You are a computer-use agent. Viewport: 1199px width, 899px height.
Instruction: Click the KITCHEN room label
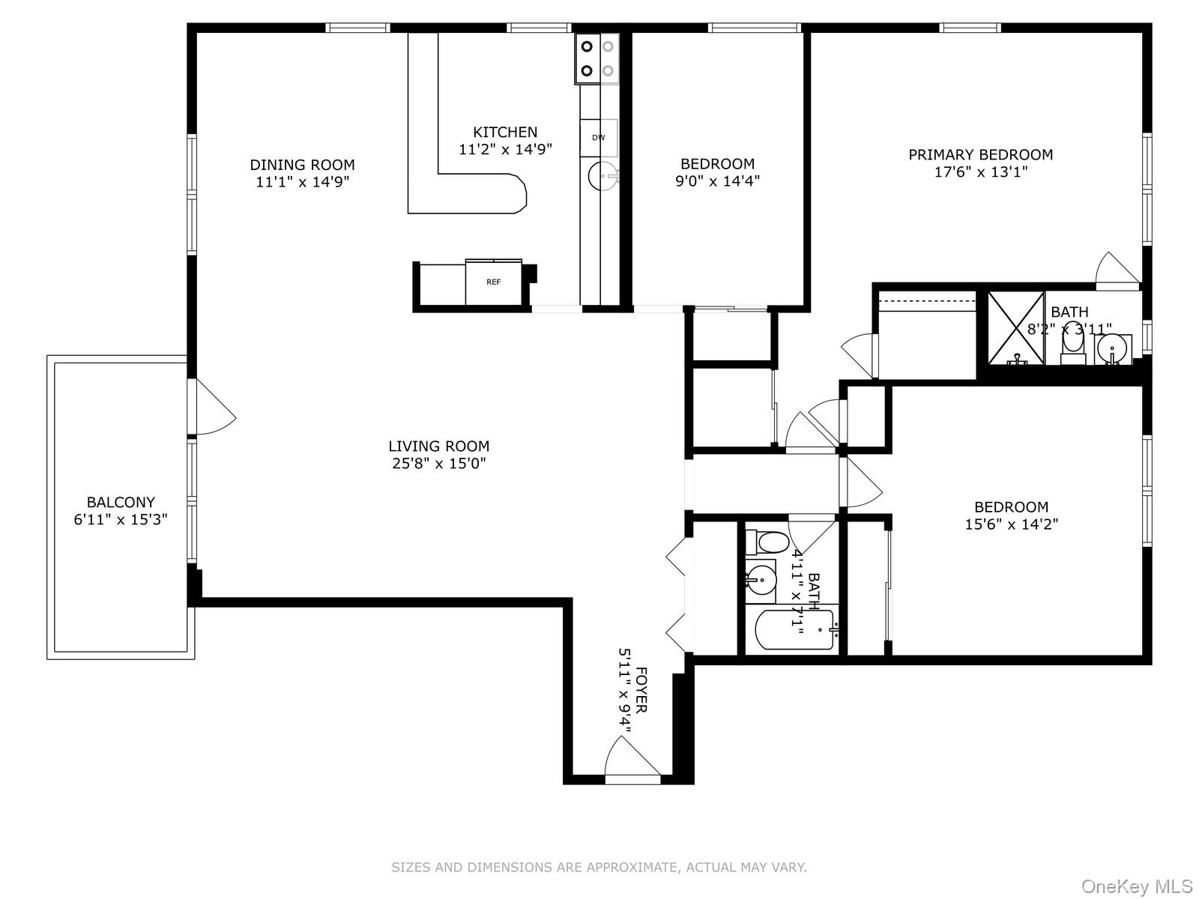(x=505, y=133)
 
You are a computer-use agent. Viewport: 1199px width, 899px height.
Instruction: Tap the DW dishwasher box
(x=598, y=138)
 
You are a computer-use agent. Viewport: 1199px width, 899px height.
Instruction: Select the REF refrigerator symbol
(x=493, y=282)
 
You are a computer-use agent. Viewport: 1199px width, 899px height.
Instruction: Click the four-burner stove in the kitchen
(x=597, y=58)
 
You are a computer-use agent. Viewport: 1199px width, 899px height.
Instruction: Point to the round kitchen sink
(x=603, y=178)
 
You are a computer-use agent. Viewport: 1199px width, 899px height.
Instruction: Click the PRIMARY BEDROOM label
(x=980, y=155)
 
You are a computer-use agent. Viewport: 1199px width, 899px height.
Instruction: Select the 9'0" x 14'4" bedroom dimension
(x=717, y=181)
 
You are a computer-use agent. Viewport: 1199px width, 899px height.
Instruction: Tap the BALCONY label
(x=121, y=503)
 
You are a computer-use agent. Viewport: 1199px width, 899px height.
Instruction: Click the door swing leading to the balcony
(x=215, y=408)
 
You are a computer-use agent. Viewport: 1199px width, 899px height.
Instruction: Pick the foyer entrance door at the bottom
(x=632, y=760)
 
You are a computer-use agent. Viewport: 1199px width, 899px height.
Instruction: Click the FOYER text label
(x=641, y=689)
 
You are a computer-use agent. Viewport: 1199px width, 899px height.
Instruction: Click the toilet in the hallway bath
(x=768, y=542)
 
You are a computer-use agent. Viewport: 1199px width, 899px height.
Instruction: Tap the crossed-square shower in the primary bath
(x=1015, y=328)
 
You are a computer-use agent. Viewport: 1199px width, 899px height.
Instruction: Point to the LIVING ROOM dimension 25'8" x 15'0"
(x=439, y=464)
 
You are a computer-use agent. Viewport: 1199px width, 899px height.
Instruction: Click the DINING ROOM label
(x=302, y=165)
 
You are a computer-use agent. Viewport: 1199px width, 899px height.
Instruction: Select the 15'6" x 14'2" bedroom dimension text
(x=1011, y=524)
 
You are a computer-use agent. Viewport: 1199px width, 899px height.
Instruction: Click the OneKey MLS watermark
(x=1136, y=887)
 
